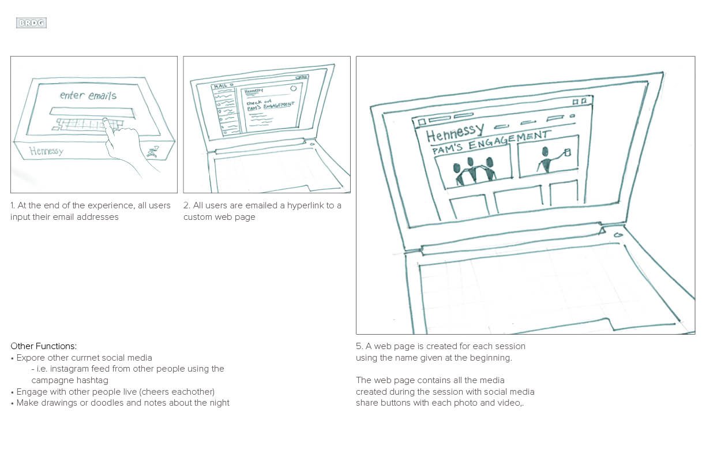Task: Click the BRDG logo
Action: pos(31,23)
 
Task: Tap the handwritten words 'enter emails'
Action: pos(88,95)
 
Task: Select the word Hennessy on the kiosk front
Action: pos(46,151)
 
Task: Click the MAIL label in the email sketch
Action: pos(220,87)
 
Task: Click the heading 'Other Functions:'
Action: pos(43,346)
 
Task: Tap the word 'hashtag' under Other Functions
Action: pos(92,380)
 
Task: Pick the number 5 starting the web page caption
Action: pos(358,346)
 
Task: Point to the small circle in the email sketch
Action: pos(293,89)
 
